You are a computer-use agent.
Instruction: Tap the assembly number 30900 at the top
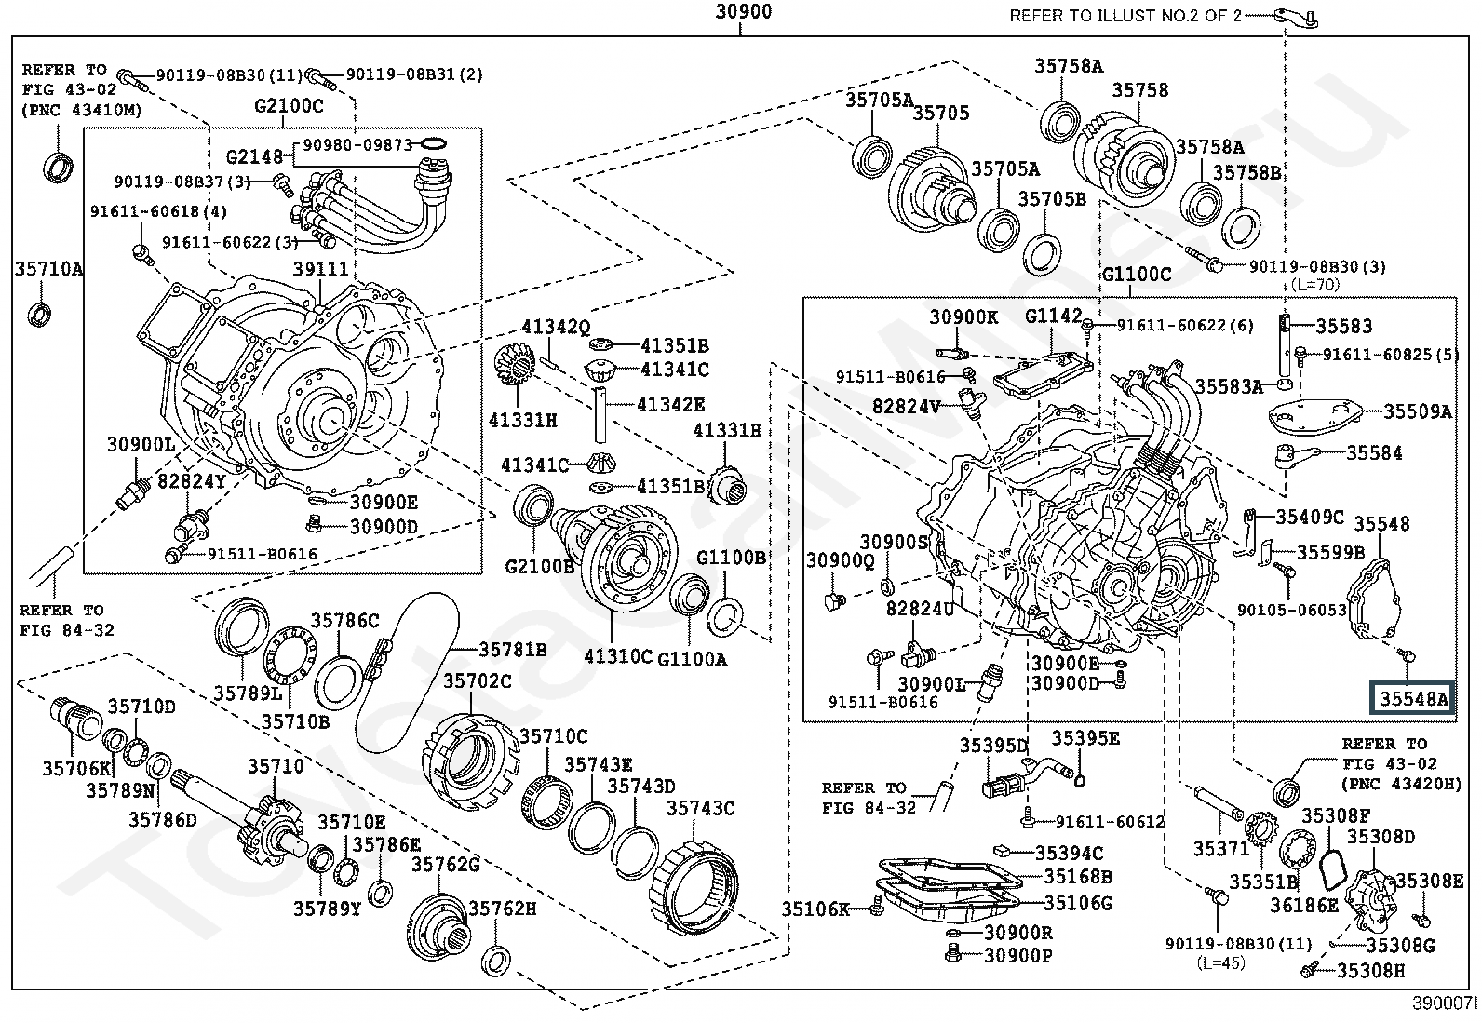[743, 13]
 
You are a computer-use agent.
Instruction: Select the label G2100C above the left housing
[289, 105]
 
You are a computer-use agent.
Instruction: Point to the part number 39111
[320, 269]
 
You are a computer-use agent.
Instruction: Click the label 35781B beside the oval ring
[513, 649]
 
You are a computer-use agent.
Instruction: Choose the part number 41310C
[618, 657]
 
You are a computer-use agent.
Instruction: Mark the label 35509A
[1418, 411]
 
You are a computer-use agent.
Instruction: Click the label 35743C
[699, 808]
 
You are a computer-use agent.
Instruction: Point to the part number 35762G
[446, 865]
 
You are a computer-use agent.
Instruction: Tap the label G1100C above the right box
[1137, 275]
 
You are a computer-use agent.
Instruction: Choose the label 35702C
[477, 681]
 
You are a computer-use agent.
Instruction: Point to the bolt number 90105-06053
[1292, 610]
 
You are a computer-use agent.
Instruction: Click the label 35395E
[1085, 738]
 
